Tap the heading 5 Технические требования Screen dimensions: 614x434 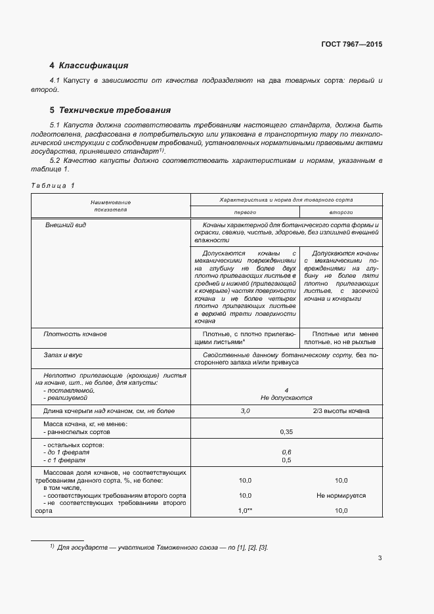[x=110, y=110]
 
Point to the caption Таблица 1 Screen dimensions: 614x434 [x=53, y=185]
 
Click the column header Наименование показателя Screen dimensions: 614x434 [x=110, y=206]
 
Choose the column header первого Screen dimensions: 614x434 [x=244, y=213]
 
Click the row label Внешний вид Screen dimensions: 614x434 [x=65, y=225]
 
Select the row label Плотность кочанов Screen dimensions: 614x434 [x=74, y=334]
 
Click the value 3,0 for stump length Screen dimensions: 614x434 [x=245, y=411]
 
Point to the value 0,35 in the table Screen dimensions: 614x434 [x=286, y=431]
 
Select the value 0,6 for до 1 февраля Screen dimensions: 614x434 [x=286, y=452]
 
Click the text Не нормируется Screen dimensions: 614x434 [x=341, y=496]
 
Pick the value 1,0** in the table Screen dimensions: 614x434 [x=245, y=510]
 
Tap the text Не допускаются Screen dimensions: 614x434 [x=286, y=397]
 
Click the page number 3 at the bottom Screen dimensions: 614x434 [x=380, y=558]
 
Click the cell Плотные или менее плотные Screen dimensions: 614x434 [x=341, y=338]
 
